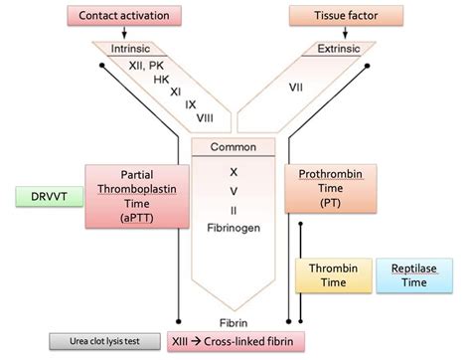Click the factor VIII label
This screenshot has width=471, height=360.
[205, 118]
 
